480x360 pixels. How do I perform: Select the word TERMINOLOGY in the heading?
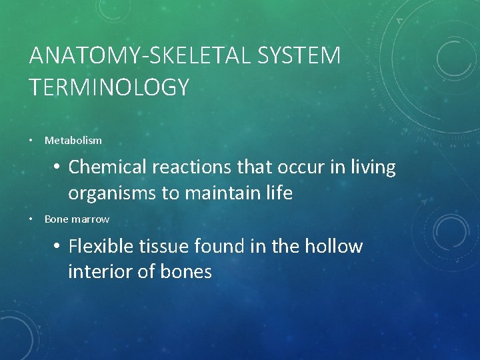[109, 87]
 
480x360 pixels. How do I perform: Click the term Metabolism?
[73, 141]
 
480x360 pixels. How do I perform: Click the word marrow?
[89, 219]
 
